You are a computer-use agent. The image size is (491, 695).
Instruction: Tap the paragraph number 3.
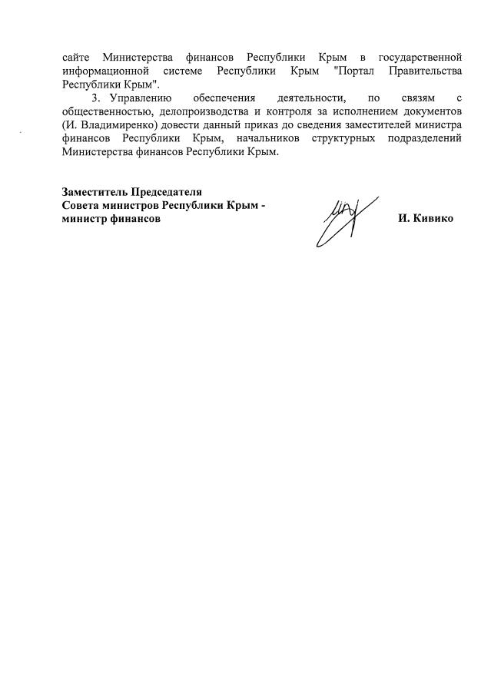95,98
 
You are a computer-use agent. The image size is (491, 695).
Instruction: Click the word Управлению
135,98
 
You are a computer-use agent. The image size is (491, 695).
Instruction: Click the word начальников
264,140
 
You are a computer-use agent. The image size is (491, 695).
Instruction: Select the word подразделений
425,140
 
